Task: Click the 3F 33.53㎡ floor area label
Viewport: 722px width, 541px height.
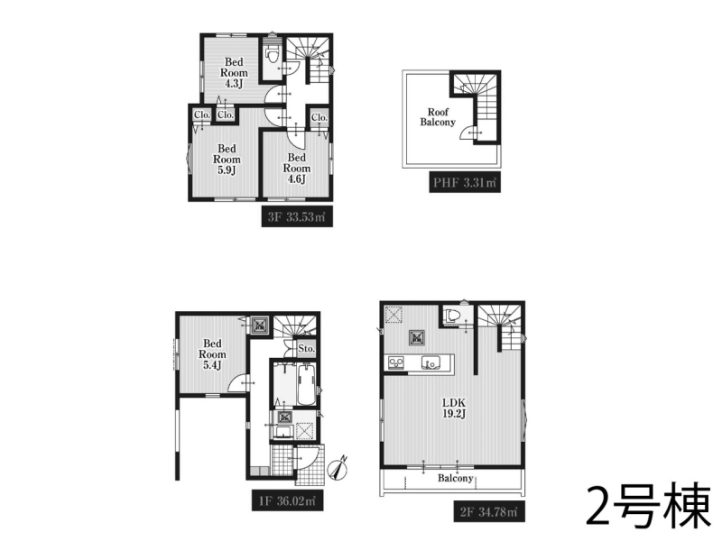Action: [297, 216]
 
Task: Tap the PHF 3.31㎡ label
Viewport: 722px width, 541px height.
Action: [465, 183]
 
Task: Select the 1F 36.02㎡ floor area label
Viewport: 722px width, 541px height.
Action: [287, 500]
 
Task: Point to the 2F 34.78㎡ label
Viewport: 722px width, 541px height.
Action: [489, 511]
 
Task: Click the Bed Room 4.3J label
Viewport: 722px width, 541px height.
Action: [234, 73]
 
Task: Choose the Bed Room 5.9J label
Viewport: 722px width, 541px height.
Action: [227, 160]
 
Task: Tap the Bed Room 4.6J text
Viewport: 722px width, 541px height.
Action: [297, 169]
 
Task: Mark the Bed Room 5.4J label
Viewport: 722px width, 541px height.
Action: [212, 354]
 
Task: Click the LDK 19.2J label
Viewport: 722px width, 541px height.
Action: [455, 408]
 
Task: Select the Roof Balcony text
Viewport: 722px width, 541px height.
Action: [438, 117]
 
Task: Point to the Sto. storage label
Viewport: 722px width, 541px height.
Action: [306, 348]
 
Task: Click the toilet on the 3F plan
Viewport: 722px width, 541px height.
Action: [273, 55]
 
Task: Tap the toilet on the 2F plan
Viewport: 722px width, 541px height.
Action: [452, 316]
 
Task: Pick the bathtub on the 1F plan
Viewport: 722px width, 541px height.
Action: [306, 384]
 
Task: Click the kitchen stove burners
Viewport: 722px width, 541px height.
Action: [395, 362]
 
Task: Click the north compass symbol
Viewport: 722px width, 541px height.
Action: [338, 468]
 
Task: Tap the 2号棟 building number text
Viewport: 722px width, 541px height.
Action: [648, 504]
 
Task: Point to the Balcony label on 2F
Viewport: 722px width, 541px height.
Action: [456, 479]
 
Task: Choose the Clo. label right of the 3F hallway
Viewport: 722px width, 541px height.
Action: [319, 117]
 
